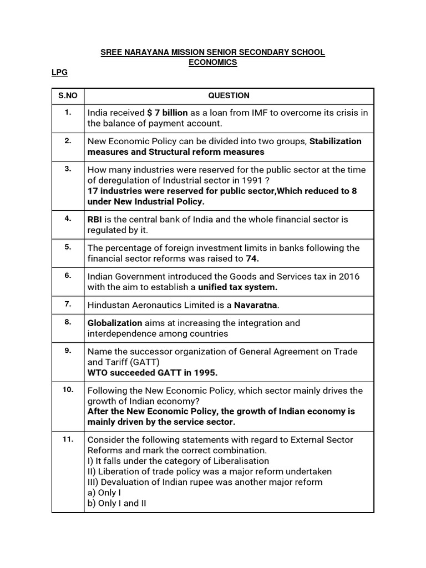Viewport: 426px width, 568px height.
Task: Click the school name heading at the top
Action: coord(212,52)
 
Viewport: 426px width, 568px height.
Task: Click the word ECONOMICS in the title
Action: coord(212,63)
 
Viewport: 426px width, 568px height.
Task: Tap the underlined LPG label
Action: coord(59,73)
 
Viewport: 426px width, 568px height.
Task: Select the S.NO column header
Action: coord(68,95)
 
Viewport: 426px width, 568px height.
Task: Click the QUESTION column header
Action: coord(229,95)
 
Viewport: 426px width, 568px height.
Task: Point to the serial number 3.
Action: coord(68,169)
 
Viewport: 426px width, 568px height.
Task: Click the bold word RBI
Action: coord(95,220)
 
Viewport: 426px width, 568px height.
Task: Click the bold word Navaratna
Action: coord(256,305)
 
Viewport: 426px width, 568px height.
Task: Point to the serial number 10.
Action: coord(68,389)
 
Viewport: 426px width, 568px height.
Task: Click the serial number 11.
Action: coord(68,439)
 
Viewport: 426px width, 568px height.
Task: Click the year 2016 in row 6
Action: coord(350,276)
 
